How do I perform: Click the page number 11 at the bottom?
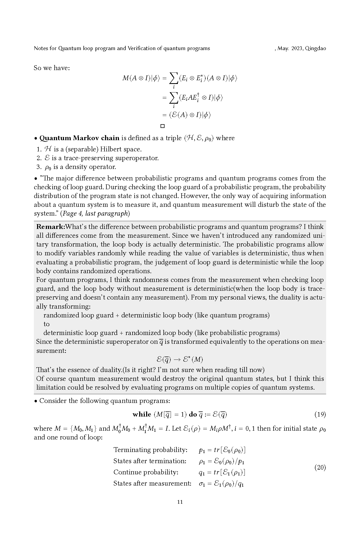180,502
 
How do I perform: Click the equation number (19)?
320,414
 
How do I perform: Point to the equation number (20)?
320,467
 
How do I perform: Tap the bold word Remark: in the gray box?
51,227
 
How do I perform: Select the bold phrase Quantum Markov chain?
79,138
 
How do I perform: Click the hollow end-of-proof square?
162,126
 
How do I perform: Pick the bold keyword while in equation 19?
142,414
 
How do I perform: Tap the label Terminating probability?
150,450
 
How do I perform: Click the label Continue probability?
146,472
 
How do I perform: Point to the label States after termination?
150,461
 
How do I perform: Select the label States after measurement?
152,483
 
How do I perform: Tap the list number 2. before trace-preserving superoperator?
39,158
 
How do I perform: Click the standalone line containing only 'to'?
46,324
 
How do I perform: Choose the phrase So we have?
52,68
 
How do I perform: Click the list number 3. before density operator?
39,167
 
